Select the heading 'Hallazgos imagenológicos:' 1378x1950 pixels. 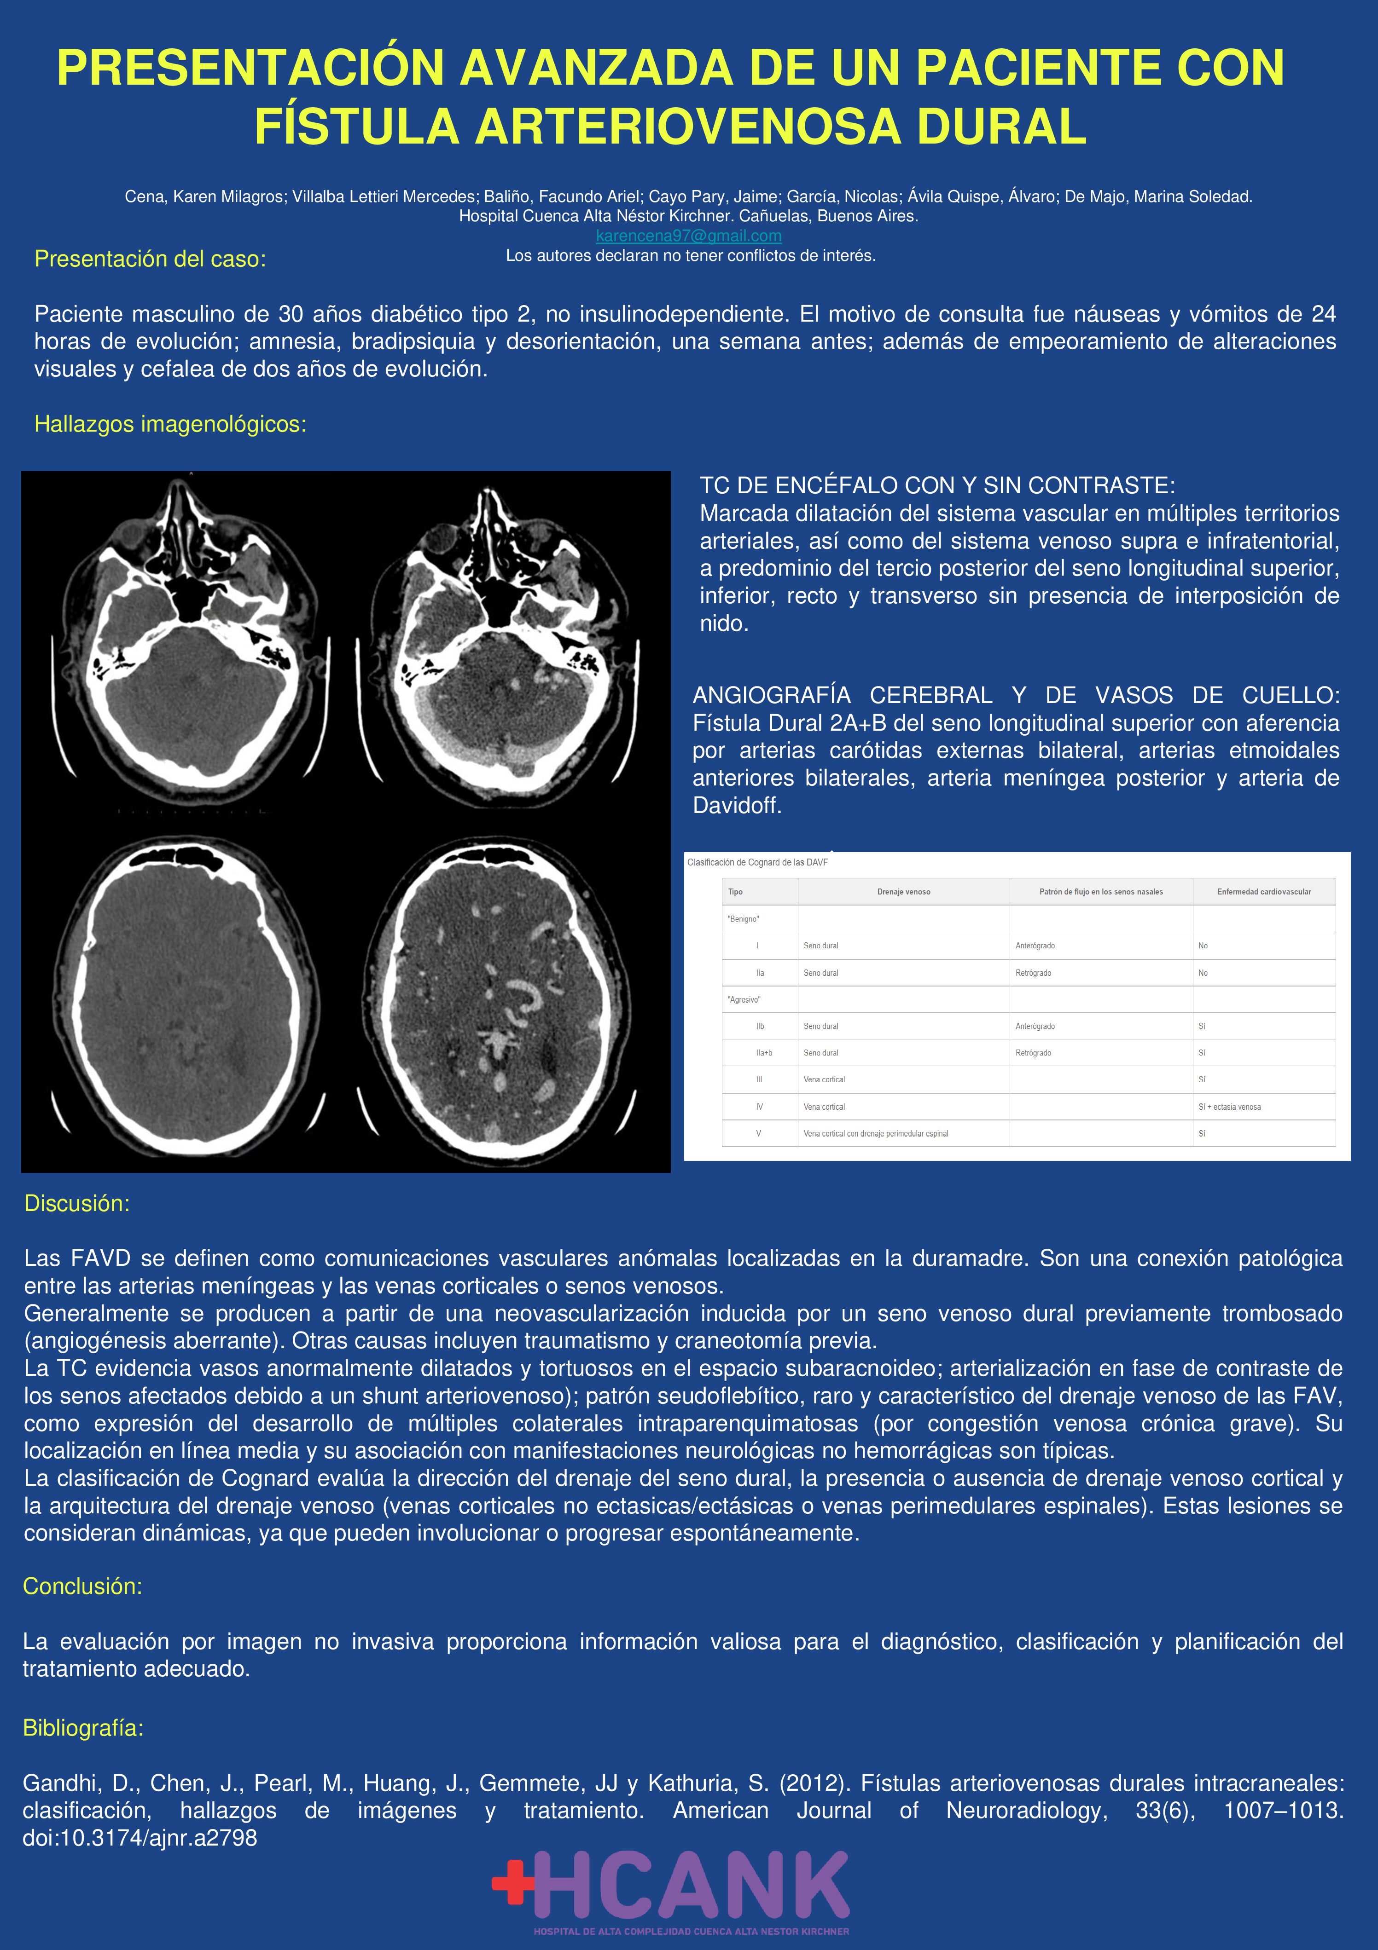tap(170, 424)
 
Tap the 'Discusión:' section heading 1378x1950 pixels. tap(76, 1204)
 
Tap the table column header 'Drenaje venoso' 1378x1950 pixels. tap(903, 892)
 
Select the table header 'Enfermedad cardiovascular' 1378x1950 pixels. tap(1263, 892)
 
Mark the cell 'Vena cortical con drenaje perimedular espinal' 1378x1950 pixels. tap(876, 1134)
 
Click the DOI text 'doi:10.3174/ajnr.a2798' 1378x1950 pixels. tap(140, 1838)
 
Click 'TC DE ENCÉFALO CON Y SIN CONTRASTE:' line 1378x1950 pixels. tap(937, 486)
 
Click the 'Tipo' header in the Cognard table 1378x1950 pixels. tap(736, 892)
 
